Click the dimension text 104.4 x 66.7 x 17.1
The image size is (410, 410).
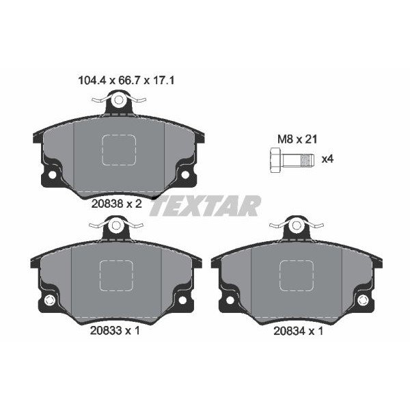126,80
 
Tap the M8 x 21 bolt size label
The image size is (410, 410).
297,139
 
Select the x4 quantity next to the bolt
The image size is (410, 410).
327,159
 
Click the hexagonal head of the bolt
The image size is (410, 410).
275,160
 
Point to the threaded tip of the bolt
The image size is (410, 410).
307,161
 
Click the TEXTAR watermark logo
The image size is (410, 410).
205,206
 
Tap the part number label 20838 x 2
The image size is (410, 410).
117,203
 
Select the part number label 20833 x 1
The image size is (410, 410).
115,331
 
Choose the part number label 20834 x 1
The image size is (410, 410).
299,331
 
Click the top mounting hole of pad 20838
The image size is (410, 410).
119,100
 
